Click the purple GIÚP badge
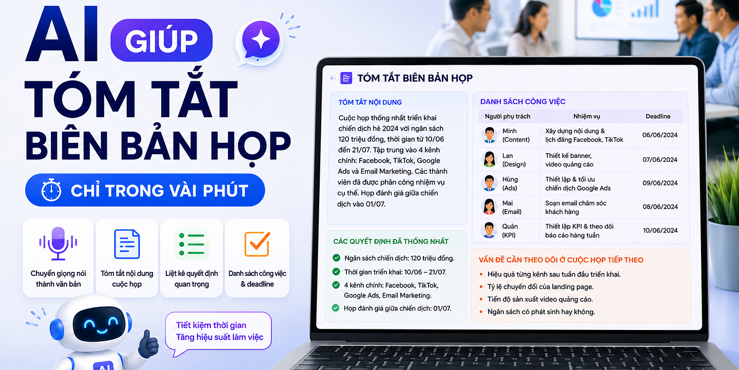(x=161, y=40)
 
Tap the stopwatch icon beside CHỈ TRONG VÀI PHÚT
(x=51, y=190)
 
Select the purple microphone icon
(x=58, y=244)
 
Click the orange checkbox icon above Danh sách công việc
(x=257, y=244)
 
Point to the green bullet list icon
(x=192, y=245)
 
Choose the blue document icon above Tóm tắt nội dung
(x=127, y=244)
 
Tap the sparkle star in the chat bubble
(x=261, y=40)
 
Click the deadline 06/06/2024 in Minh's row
(x=660, y=135)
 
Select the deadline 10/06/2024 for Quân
(x=660, y=231)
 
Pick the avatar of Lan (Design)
(x=489, y=159)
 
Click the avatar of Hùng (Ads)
(x=489, y=183)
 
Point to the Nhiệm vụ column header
(x=587, y=117)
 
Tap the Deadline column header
(x=658, y=116)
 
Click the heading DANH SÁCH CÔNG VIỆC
(x=522, y=102)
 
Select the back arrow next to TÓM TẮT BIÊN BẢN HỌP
(x=333, y=78)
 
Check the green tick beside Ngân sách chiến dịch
(x=337, y=258)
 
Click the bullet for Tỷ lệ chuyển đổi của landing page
(x=481, y=287)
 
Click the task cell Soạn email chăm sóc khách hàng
(x=576, y=208)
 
